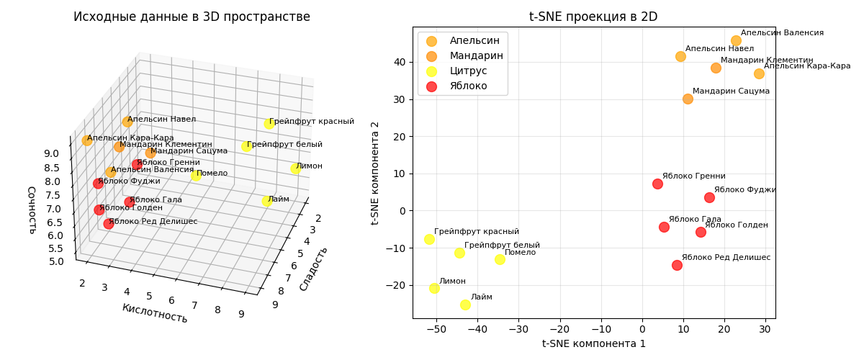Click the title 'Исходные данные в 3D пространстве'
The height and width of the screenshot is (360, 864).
pyautogui.click(x=192, y=17)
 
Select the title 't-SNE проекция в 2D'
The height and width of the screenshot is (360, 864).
pyautogui.click(x=593, y=17)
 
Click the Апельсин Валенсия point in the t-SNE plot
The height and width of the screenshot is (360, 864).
pyautogui.click(x=736, y=41)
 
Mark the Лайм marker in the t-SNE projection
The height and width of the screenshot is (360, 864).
pyautogui.click(x=465, y=305)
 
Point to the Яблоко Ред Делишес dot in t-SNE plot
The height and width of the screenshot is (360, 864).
pyautogui.click(x=677, y=265)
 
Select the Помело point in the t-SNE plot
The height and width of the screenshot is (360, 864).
pyautogui.click(x=500, y=259)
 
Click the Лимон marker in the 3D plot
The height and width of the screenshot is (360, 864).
pyautogui.click(x=295, y=168)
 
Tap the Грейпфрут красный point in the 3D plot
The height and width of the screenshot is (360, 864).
pyautogui.click(x=269, y=124)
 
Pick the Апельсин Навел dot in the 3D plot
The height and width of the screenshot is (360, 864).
pyautogui.click(x=127, y=122)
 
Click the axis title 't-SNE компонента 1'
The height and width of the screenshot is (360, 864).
pyautogui.click(x=593, y=344)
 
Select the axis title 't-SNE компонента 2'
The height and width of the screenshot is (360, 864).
pyautogui.click(x=375, y=173)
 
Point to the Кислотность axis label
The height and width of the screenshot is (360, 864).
pyautogui.click(x=155, y=313)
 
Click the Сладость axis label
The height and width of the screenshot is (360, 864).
pyautogui.click(x=313, y=269)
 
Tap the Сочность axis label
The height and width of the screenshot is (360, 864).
pyautogui.click(x=32, y=210)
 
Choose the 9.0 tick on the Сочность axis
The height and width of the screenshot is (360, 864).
pyautogui.click(x=51, y=153)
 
